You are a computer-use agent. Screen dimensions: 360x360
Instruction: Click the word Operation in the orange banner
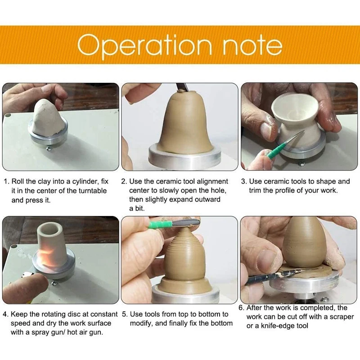pyautogui.click(x=144, y=45)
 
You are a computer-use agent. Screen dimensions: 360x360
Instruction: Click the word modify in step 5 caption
pyautogui.click(x=141, y=324)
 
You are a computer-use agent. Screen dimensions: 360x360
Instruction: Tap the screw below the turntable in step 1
pyautogui.click(x=49, y=149)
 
